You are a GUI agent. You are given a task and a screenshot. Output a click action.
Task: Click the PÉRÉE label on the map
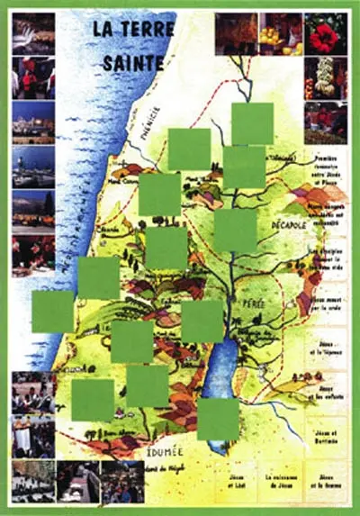[253, 304]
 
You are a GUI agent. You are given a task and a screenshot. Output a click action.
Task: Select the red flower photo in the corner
[325, 33]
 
